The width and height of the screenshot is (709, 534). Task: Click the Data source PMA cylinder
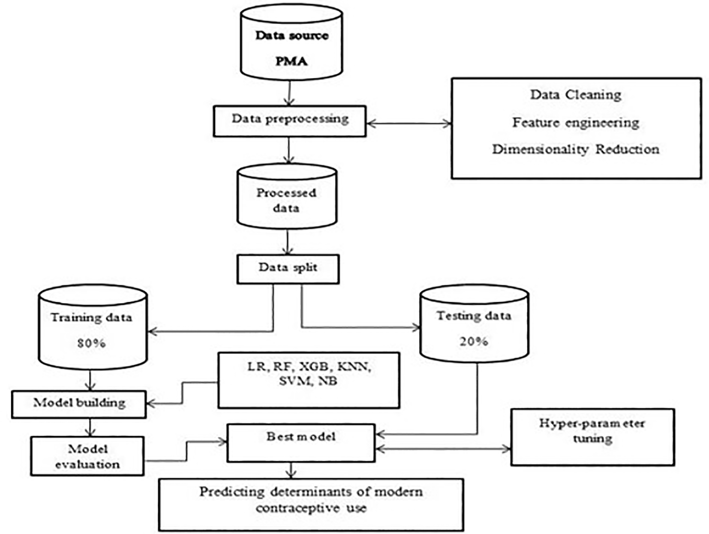(x=291, y=43)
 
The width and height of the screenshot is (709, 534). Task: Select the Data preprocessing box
(x=290, y=121)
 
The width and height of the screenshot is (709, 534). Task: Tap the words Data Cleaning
(x=576, y=95)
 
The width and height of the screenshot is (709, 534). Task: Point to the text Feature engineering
(x=576, y=123)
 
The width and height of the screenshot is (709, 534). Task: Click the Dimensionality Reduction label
(x=576, y=150)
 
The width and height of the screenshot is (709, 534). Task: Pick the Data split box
(x=288, y=269)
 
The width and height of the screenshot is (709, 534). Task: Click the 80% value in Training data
(x=91, y=343)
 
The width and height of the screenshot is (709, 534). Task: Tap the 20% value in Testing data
(x=474, y=342)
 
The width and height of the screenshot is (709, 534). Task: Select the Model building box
(x=79, y=404)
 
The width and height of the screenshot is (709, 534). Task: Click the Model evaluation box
(x=87, y=456)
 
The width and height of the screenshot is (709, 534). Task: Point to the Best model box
(x=301, y=443)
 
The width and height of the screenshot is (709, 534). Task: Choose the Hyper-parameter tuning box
(x=592, y=437)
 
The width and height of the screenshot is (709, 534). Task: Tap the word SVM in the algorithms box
(x=294, y=381)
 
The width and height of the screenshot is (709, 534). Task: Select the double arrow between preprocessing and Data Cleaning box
(x=409, y=124)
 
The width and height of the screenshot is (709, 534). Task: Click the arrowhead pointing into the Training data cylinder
(x=151, y=331)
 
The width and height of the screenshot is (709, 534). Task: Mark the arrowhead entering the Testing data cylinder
(x=417, y=328)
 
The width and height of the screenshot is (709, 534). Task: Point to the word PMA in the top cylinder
(x=291, y=61)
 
